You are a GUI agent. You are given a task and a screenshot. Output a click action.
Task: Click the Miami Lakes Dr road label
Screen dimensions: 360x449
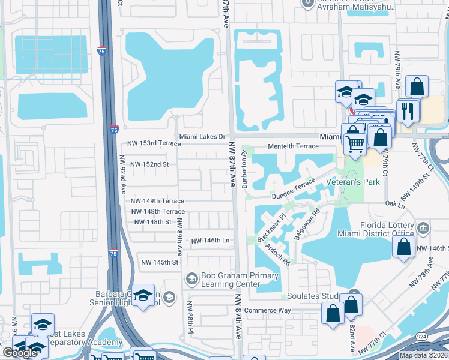pos(201,136)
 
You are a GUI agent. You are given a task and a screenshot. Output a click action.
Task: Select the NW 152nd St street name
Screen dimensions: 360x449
pos(149,164)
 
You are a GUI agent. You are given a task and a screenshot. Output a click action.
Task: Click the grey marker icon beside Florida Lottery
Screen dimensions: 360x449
pos(423,227)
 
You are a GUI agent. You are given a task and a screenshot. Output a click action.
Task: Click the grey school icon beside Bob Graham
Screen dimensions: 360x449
pos(191,278)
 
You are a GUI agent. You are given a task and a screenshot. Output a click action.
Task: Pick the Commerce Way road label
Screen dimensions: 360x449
pos(267,310)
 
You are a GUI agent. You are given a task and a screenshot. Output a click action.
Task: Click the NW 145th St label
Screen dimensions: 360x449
pos(159,262)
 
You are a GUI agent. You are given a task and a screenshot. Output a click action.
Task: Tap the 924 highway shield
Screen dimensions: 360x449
pos(423,338)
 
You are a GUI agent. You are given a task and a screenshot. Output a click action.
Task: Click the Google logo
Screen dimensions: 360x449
pos(20,353)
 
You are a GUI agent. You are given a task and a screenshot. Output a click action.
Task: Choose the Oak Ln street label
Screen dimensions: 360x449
pos(396,205)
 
